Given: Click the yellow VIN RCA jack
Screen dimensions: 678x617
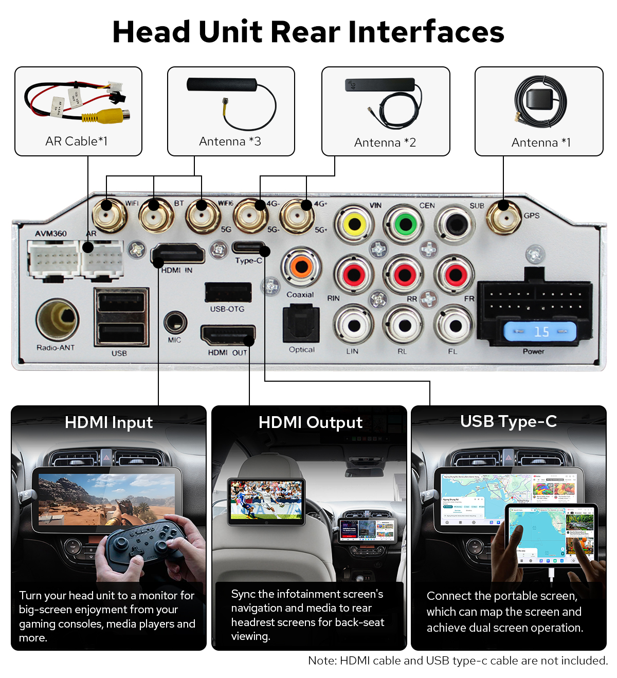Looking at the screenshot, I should click(x=354, y=224).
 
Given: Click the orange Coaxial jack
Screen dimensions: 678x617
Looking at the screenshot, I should click(x=301, y=267).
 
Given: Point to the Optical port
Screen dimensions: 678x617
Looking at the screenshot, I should click(x=301, y=325).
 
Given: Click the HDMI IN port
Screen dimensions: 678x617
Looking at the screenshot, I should click(x=178, y=254).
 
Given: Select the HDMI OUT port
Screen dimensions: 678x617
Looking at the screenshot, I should click(x=227, y=336).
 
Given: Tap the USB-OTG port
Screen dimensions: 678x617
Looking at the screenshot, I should click(x=228, y=293).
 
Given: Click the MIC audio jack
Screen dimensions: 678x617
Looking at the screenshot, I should click(x=175, y=323).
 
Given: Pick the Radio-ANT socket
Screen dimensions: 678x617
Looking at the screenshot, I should click(x=57, y=319).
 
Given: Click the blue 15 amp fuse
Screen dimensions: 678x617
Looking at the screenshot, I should click(x=539, y=332).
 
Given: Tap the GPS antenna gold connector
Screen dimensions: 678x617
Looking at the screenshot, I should click(x=503, y=217).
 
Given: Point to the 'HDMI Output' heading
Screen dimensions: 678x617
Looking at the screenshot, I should click(x=310, y=422).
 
